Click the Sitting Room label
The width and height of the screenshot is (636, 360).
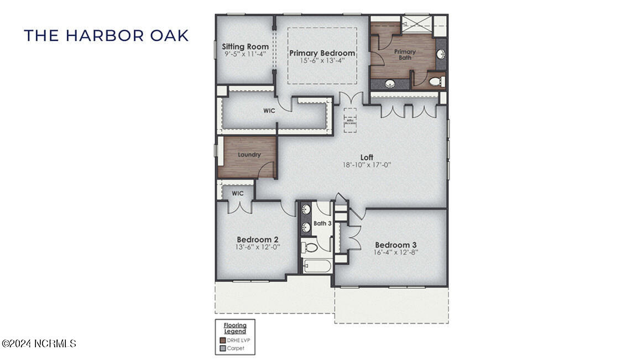click(x=245, y=46)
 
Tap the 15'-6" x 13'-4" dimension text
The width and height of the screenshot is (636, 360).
click(x=322, y=61)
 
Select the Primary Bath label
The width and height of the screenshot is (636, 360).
click(x=405, y=54)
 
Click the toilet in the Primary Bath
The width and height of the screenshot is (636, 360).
click(x=436, y=81)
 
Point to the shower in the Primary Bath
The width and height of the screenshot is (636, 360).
click(x=418, y=23)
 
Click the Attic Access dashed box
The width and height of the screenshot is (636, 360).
click(x=350, y=121)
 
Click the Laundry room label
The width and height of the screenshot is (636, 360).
click(x=249, y=155)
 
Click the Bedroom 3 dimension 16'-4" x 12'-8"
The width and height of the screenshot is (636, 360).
click(x=395, y=252)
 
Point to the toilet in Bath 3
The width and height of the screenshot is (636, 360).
click(x=311, y=247)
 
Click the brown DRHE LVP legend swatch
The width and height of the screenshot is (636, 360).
click(x=222, y=341)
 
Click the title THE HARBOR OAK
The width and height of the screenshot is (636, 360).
click(x=106, y=36)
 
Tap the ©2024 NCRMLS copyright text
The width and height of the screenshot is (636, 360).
click(x=39, y=343)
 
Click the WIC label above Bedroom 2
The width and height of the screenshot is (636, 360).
click(x=237, y=194)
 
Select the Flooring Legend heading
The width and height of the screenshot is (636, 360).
click(x=235, y=328)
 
